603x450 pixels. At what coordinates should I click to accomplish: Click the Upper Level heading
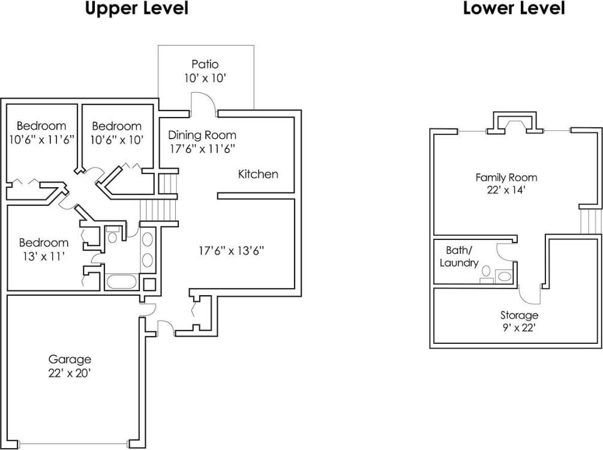[x=136, y=8]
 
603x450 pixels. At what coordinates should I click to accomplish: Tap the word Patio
[x=205, y=64]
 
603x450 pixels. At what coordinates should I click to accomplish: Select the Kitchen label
[x=258, y=175]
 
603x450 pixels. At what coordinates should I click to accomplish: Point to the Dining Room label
[x=202, y=135]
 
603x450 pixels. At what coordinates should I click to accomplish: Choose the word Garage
[x=70, y=359]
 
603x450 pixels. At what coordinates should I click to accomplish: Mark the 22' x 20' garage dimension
[x=70, y=373]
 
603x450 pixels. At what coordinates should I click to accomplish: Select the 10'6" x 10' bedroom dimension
[x=116, y=139]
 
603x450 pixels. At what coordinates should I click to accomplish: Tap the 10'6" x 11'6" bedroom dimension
[x=41, y=139]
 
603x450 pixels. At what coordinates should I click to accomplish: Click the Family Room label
[x=506, y=178]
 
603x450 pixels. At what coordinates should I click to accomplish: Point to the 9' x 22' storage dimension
[x=519, y=328]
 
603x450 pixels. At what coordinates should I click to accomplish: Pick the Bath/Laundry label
[x=459, y=256]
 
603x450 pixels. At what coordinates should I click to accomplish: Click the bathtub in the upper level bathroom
[x=122, y=281]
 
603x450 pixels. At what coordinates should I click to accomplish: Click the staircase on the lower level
[x=590, y=221]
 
